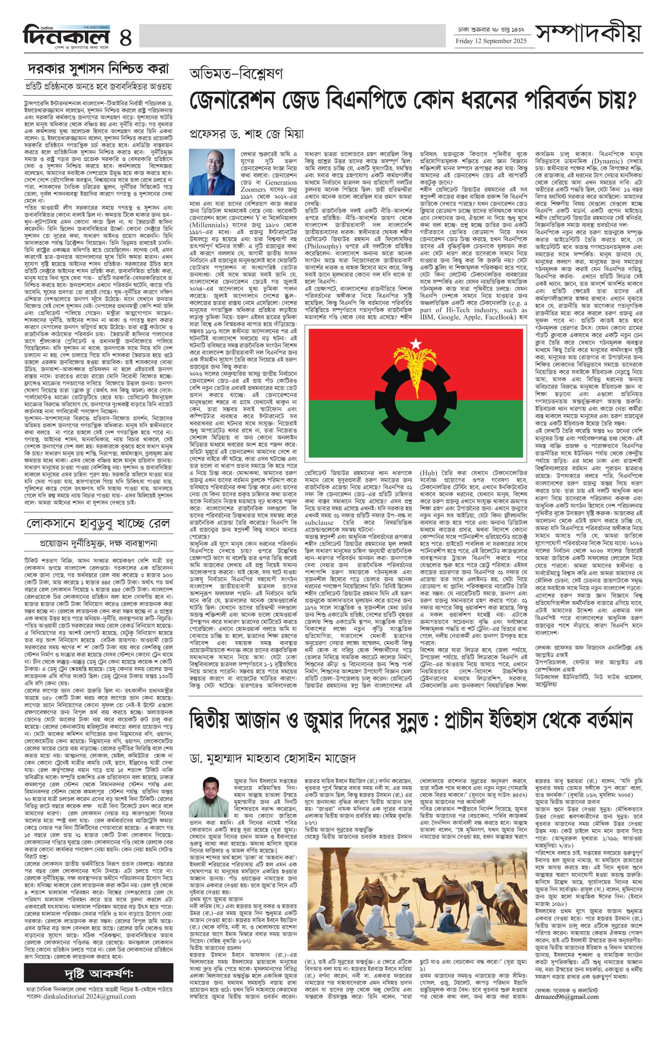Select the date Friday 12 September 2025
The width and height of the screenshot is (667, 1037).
(491, 41)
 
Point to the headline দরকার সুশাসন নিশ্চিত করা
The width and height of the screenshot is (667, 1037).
(98, 69)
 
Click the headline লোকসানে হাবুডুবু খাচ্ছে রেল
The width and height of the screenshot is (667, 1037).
(98, 523)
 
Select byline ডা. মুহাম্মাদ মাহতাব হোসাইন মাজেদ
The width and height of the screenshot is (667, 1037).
(273, 758)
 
